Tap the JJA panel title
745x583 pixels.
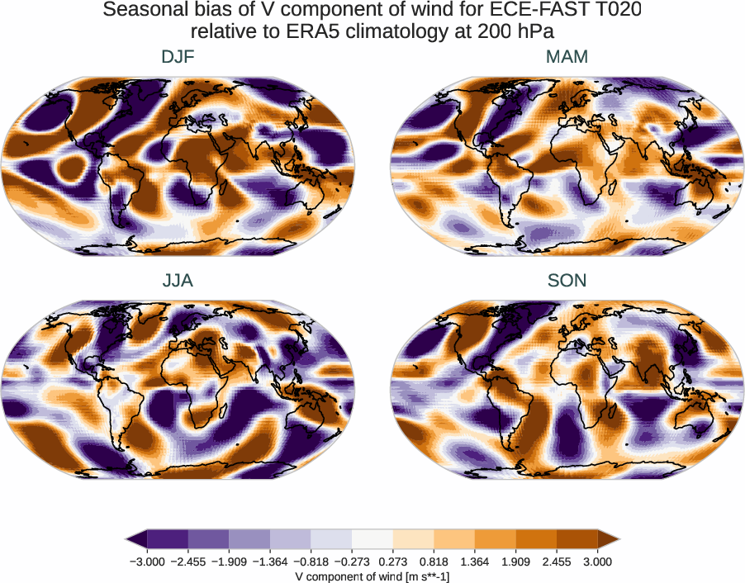coord(178,281)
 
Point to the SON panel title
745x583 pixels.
coord(567,281)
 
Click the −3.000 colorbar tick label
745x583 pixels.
coord(147,562)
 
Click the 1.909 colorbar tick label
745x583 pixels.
coord(516,562)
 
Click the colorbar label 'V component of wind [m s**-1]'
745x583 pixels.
coord(372,576)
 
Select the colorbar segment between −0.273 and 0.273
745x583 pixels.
coord(372,539)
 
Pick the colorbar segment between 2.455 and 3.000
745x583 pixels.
coord(577,539)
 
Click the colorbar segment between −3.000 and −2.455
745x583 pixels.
coord(168,539)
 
